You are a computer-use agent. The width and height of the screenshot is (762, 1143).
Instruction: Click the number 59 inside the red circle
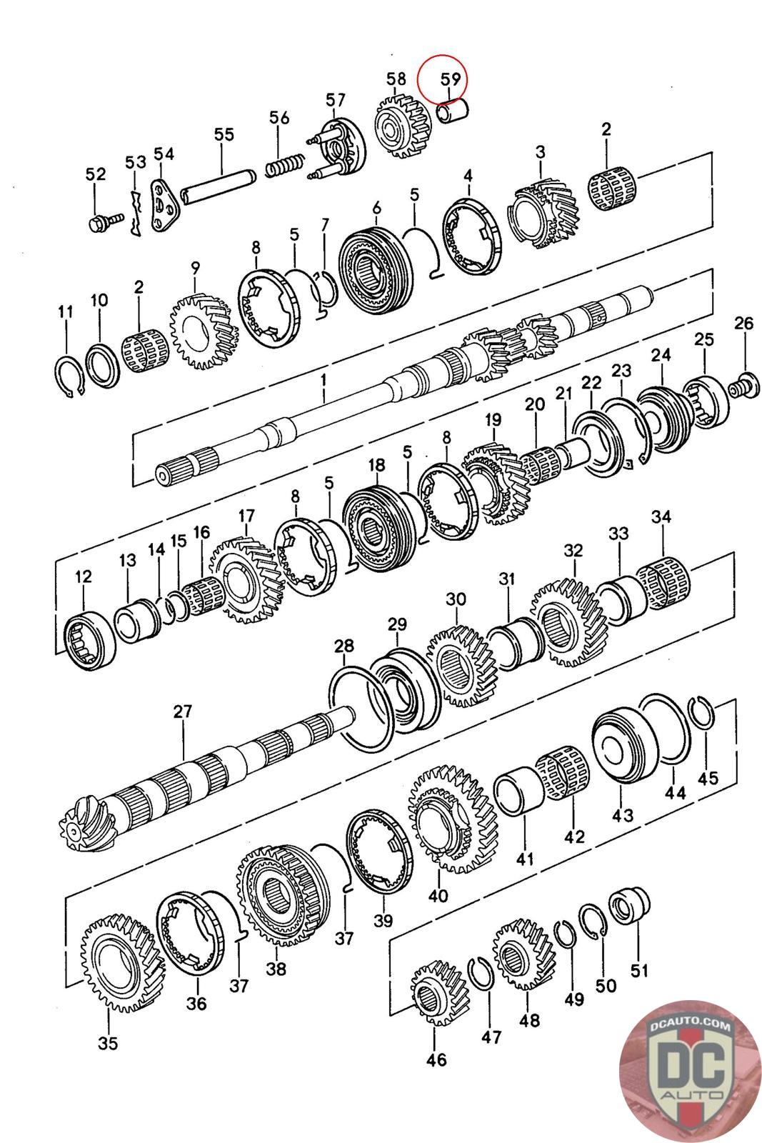(451, 79)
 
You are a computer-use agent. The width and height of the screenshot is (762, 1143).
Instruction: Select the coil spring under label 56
(285, 165)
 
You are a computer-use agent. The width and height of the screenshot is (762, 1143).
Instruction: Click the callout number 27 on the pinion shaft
(182, 711)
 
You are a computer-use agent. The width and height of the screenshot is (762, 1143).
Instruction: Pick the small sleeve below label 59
(453, 111)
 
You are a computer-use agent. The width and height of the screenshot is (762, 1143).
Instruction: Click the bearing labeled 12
(90, 639)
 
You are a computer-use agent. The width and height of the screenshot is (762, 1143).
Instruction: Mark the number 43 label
(622, 815)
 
